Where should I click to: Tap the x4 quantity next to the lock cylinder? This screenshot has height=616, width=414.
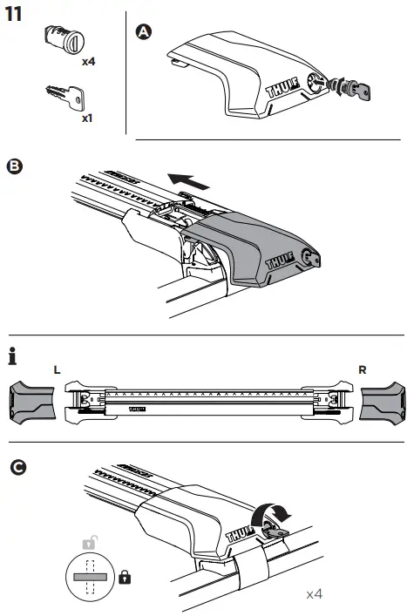[88, 62]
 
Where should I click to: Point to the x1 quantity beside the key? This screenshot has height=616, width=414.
[87, 117]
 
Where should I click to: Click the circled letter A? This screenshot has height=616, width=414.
[145, 32]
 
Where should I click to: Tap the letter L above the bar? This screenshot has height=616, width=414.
[57, 369]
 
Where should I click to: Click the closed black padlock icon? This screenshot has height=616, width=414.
[125, 578]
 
